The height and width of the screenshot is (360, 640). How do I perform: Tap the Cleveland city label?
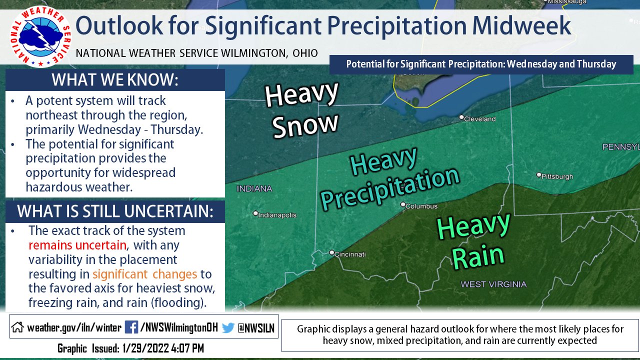[x=479, y=119]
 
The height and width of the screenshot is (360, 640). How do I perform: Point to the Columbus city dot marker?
[x=403, y=204]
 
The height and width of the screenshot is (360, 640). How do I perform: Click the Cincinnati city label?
[x=350, y=254]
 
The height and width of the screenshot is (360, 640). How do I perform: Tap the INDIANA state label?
[x=254, y=189]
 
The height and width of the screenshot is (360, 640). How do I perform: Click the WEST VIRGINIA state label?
[x=493, y=284]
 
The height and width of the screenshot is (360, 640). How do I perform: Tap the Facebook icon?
[x=131, y=327]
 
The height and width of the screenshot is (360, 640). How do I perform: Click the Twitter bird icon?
[x=228, y=327]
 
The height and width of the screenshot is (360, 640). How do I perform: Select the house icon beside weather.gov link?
[x=17, y=328]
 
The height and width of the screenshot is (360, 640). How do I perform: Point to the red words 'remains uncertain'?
[x=77, y=245]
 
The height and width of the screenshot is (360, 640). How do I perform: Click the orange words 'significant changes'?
[x=144, y=274]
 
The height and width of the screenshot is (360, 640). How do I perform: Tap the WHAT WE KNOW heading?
[x=115, y=80]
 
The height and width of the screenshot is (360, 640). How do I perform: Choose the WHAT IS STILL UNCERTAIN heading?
[x=115, y=211]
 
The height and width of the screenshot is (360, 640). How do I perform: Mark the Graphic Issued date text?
[x=130, y=348]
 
